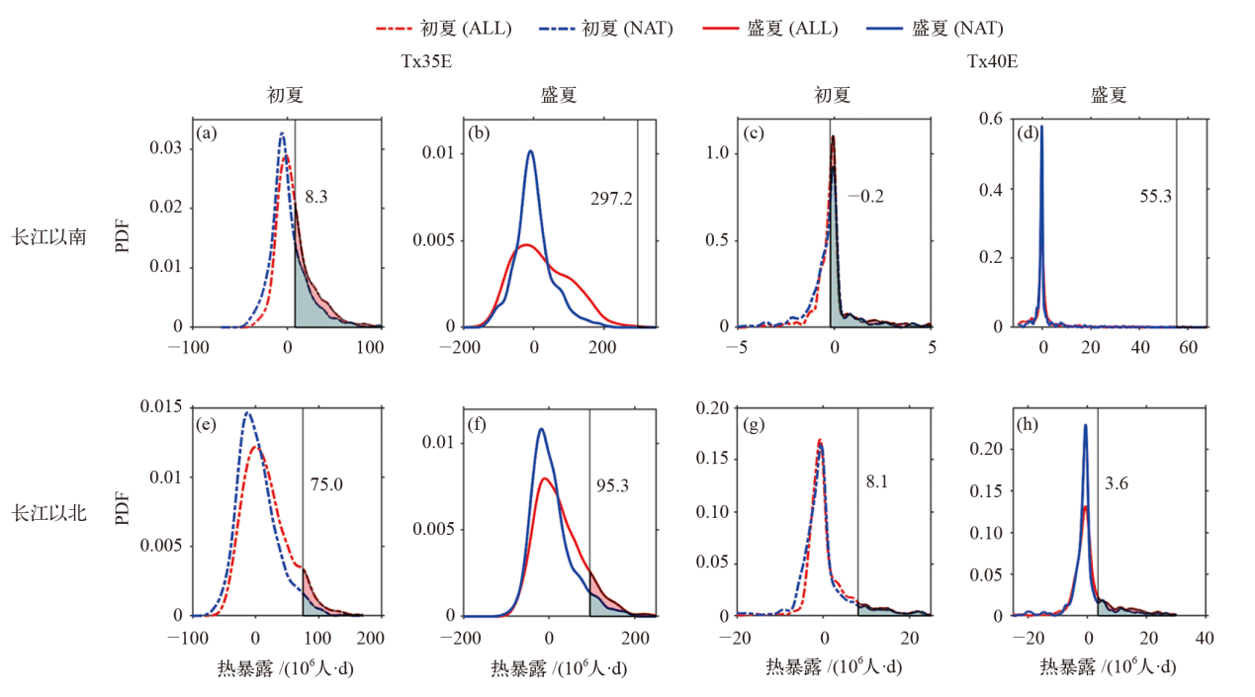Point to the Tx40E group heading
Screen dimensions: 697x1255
pos(993,61)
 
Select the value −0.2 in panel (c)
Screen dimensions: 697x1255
pos(865,196)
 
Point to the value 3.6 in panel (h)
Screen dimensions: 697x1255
pos(1117,484)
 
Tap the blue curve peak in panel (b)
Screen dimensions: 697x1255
pos(531,151)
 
